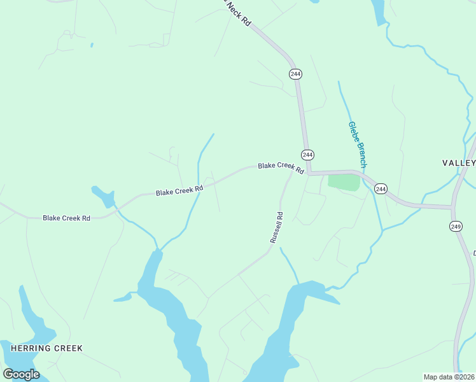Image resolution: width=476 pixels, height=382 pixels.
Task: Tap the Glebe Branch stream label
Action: click(x=357, y=145)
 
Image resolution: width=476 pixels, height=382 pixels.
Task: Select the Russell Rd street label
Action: click(x=276, y=227)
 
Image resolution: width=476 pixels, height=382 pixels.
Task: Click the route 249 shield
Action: click(x=456, y=226)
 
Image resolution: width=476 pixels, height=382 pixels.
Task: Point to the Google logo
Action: click(x=21, y=374)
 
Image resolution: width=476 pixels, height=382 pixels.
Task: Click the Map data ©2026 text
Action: click(x=449, y=377)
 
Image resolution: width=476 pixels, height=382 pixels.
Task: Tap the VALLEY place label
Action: click(x=458, y=163)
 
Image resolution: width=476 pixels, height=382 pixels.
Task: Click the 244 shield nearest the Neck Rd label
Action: click(x=295, y=74)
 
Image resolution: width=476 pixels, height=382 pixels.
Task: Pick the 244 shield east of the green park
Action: click(x=381, y=188)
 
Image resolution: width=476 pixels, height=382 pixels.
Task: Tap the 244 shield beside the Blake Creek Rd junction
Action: click(x=307, y=155)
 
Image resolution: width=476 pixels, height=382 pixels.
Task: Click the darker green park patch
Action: click(x=344, y=181)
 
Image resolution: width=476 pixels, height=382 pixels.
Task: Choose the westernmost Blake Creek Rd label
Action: click(x=66, y=218)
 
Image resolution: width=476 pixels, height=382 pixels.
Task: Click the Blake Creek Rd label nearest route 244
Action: click(x=281, y=167)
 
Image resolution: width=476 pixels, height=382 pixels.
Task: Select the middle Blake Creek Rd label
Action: click(x=179, y=190)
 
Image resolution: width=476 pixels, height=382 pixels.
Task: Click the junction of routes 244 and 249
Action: click(x=452, y=207)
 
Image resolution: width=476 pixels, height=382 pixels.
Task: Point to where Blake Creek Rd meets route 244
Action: click(x=308, y=173)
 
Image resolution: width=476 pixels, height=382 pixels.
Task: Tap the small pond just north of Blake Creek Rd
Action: click(x=103, y=194)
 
